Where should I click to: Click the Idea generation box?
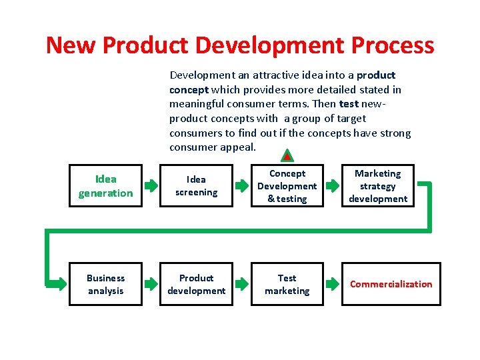point(105,186)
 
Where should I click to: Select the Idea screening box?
point(196,186)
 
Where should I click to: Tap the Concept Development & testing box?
point(287,186)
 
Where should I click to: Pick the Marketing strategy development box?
point(378,186)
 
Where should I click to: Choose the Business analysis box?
point(105,284)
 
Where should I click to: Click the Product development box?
point(196,284)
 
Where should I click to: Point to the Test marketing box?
point(287,284)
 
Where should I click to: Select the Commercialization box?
point(391,284)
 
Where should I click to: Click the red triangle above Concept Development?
point(286,157)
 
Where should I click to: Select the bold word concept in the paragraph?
point(189,89)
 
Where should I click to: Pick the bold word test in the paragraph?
point(349,104)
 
